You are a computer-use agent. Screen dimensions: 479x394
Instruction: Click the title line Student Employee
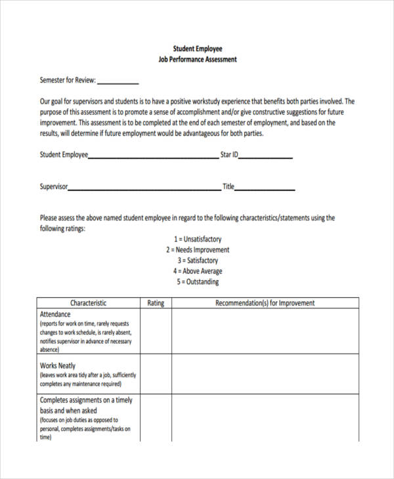pos(197,49)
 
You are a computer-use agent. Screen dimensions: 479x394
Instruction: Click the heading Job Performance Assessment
pos(197,59)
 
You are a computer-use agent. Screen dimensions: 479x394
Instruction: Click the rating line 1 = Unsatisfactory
pos(197,239)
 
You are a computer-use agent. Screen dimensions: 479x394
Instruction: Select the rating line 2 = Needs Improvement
pos(197,250)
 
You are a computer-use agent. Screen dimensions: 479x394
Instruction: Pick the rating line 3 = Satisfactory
pos(197,260)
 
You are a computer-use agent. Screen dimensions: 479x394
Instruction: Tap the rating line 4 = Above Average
pos(197,271)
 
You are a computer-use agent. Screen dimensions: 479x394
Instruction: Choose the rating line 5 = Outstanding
pos(197,282)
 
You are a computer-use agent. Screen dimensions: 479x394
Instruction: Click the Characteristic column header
pos(88,303)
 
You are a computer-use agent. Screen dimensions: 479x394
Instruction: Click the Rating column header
pos(156,303)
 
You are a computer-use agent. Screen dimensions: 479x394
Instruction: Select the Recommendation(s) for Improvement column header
pos(265,303)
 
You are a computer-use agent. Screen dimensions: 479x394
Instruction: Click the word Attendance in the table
pos(55,314)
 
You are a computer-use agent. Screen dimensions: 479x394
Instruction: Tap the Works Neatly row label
pos(58,365)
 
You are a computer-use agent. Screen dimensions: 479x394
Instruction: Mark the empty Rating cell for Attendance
pos(156,331)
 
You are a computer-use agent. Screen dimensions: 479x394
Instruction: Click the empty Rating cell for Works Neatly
pos(156,374)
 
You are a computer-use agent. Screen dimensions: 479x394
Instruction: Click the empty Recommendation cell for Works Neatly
pos(265,374)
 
